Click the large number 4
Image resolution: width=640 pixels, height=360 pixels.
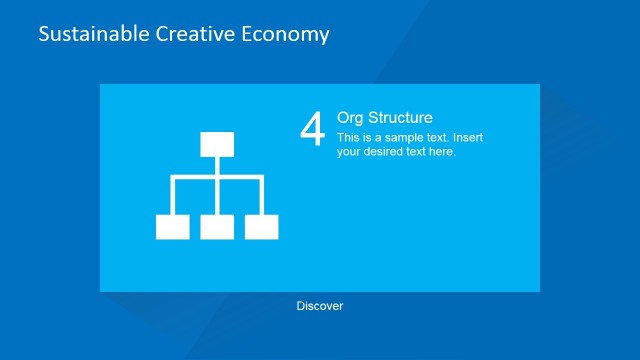coord(313,129)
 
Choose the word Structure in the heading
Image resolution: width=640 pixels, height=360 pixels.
coord(402,118)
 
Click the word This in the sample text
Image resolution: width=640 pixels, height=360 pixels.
coord(349,138)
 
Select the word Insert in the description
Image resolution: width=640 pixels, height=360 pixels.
coord(466,138)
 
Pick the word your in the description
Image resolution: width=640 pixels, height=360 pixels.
coord(350,152)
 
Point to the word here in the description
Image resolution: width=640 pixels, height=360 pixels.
coord(443,152)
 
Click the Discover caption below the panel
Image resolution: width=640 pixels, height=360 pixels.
coord(320,306)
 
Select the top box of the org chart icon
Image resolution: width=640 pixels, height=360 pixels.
coord(217,144)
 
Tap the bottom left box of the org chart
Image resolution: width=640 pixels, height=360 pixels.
coord(173,227)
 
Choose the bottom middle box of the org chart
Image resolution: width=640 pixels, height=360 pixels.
coord(217,227)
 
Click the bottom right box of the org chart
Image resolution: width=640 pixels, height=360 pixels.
coord(262,227)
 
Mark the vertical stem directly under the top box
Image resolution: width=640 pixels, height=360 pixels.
coord(217,165)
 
